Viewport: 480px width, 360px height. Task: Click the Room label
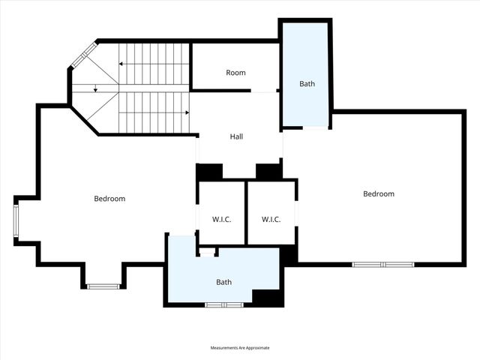236,73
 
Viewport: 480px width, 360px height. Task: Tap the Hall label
236,136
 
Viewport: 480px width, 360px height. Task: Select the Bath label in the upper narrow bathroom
307,84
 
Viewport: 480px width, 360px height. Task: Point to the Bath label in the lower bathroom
224,282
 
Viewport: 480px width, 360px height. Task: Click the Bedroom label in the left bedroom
109,199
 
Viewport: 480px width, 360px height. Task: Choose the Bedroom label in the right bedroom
378,194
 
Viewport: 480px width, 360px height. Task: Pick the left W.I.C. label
220,220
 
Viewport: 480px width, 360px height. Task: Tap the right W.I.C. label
271,220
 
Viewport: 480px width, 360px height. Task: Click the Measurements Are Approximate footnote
239,348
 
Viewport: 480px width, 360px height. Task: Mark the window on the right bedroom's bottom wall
383,264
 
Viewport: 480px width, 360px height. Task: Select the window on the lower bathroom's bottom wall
224,304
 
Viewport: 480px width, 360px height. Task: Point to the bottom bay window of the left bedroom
102,286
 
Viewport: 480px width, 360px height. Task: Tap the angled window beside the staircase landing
83,55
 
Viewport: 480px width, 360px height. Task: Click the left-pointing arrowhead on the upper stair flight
121,64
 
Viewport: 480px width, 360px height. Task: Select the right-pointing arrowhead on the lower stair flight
187,112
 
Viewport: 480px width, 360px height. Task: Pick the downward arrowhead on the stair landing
95,90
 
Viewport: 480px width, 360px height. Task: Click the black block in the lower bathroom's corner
267,297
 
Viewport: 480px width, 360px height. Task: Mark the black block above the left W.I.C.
209,172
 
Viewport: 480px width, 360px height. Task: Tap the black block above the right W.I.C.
268,172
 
